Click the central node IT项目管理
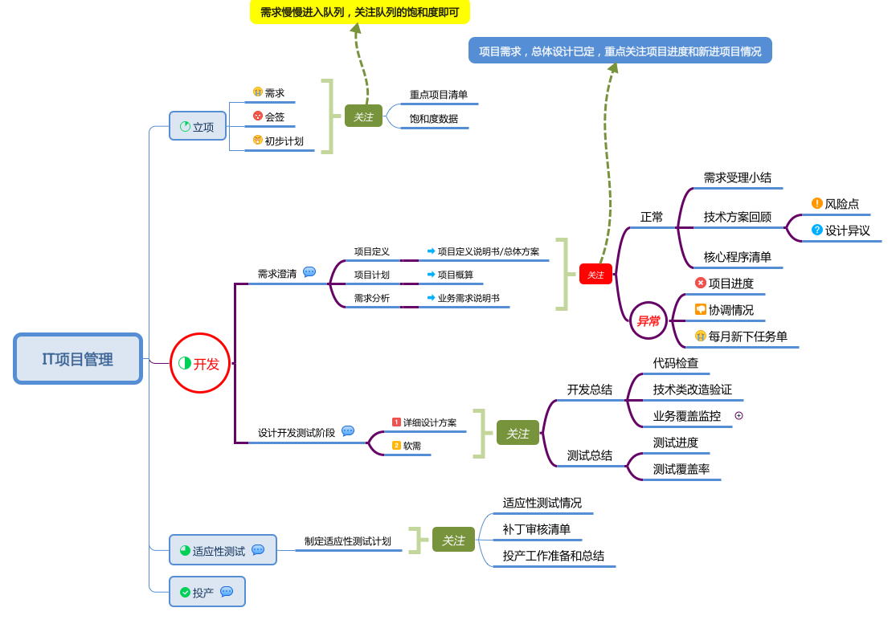[78, 359]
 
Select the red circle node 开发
[200, 363]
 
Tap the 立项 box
[198, 126]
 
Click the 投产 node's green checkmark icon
[185, 592]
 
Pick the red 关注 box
[595, 275]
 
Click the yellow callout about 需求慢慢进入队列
[359, 12]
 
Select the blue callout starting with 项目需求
[620, 51]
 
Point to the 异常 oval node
[648, 320]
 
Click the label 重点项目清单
[438, 95]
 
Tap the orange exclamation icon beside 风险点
[816, 203]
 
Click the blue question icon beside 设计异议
[816, 230]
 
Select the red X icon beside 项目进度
[700, 283]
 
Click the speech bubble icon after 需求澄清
[309, 272]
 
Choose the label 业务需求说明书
[468, 298]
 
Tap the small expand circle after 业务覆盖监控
[738, 416]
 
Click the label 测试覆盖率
[681, 469]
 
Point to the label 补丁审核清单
[536, 529]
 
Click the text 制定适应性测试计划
[347, 541]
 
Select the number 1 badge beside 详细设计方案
[396, 422]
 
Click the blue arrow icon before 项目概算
[431, 274]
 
